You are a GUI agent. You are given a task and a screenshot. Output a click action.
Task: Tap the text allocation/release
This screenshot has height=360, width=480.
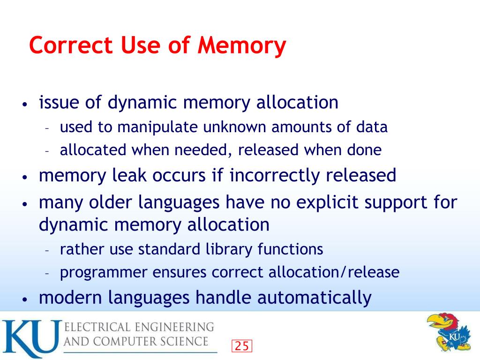click(334, 272)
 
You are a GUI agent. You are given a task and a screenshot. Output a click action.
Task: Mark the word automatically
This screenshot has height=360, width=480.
click(314, 298)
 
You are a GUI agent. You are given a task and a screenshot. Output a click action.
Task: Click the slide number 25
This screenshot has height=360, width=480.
click(242, 346)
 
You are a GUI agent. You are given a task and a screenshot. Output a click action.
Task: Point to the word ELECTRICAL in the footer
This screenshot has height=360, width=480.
click(99, 327)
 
